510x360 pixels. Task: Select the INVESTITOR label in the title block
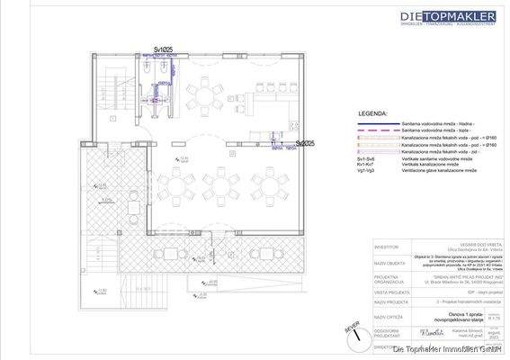coord(389,249)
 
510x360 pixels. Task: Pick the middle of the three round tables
coord(220,180)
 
